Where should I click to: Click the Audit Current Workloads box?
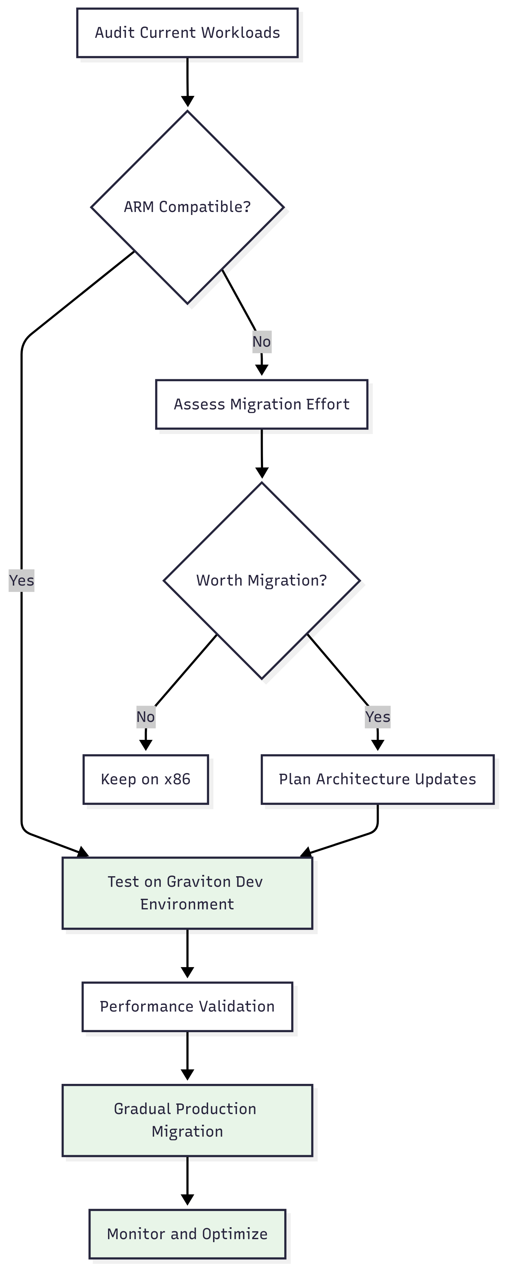(x=187, y=33)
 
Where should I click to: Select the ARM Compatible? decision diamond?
(x=187, y=207)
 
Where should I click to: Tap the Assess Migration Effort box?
(x=261, y=404)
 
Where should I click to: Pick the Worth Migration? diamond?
(x=261, y=580)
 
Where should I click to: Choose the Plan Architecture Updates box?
(x=377, y=779)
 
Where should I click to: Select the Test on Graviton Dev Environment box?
(x=187, y=893)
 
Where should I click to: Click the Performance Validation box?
(x=187, y=1007)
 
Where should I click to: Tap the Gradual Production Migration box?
(x=187, y=1120)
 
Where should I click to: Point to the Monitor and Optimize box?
(x=187, y=1234)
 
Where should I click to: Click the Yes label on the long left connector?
(x=21, y=580)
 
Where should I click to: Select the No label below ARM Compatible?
(x=261, y=342)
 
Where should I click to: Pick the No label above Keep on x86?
(x=146, y=717)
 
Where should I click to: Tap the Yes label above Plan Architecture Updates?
(x=377, y=717)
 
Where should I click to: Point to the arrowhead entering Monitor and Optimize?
(x=187, y=1200)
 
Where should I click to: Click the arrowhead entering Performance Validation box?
(x=187, y=972)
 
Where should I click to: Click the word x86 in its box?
(x=177, y=779)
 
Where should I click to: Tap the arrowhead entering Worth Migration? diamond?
(x=262, y=473)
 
